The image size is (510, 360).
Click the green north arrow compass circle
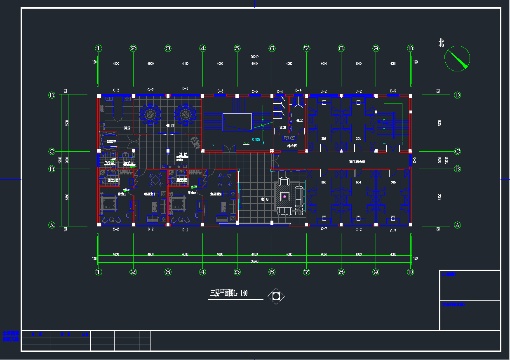tap(457, 58)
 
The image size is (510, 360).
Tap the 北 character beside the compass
tap(441, 43)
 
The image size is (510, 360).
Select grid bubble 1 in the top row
tap(99, 48)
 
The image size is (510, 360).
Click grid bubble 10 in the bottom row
tap(410, 272)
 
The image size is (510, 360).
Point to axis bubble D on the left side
tap(52, 95)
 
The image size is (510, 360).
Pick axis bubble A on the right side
tap(457, 225)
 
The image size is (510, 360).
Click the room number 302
tap(324, 139)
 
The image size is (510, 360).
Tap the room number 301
tap(358, 139)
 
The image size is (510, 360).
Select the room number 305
tap(393, 182)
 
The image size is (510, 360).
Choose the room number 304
tap(358, 182)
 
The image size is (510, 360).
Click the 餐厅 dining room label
tap(170, 125)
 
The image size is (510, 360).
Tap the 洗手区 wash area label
tap(292, 146)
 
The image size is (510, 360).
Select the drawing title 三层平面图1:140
tap(229, 294)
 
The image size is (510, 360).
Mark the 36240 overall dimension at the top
tap(254, 56)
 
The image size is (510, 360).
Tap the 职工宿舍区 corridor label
tap(357, 162)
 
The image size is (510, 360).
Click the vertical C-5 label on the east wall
tap(415, 160)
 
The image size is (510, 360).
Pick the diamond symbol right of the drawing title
tap(276, 296)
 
